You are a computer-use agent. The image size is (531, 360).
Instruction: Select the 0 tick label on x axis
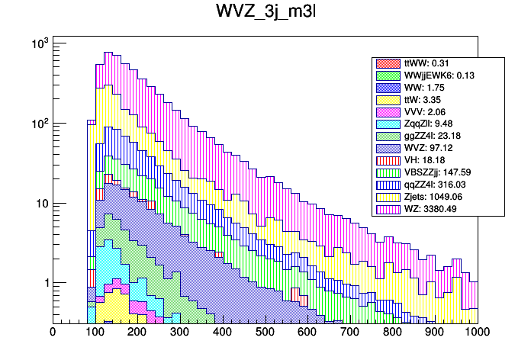53,333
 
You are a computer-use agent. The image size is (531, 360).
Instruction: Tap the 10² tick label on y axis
37,124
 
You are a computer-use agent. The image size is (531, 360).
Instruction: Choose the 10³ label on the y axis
37,43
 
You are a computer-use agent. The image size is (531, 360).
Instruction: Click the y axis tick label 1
43,283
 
